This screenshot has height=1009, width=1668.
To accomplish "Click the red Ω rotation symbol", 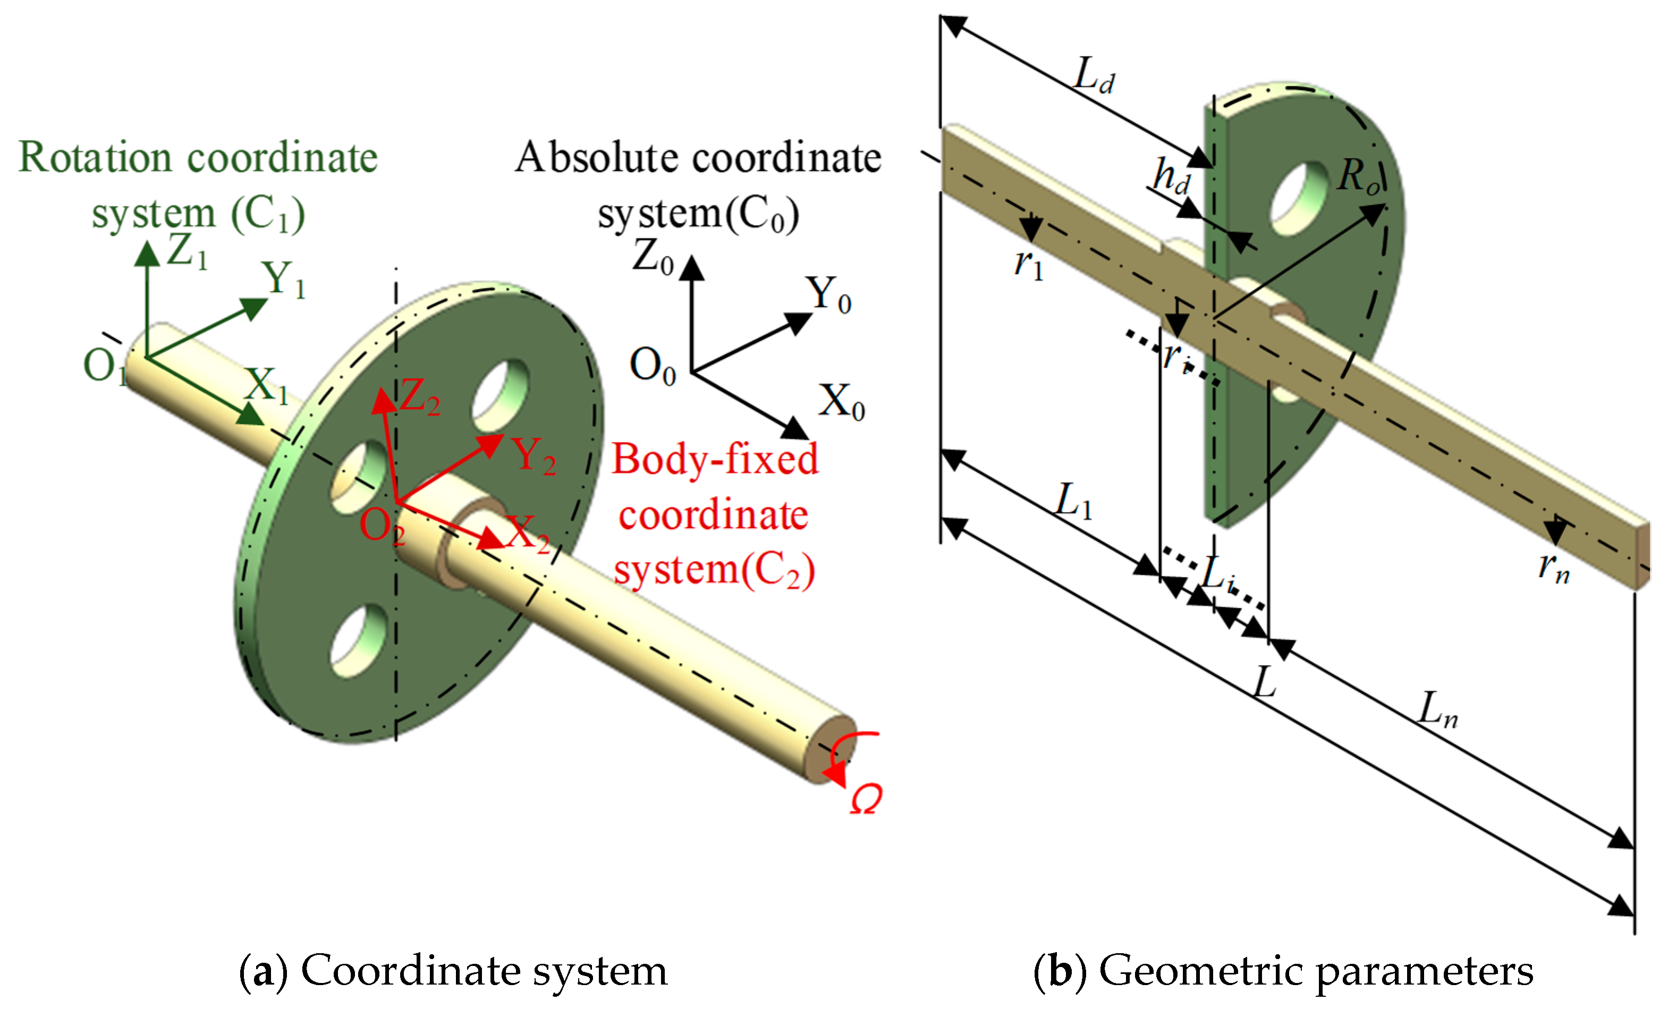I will [866, 799].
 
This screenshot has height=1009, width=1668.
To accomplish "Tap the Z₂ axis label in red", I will [420, 396].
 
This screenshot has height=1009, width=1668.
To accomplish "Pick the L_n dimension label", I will [1438, 710].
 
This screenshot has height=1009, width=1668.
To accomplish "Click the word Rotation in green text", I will [95, 158].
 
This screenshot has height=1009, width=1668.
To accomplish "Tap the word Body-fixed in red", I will [715, 460].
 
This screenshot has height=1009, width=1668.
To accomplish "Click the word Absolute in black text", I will [595, 158].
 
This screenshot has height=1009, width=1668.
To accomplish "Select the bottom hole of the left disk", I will [359, 640].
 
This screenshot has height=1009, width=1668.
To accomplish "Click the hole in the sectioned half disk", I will [1298, 198].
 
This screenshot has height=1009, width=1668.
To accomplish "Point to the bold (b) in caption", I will [1060, 972].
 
